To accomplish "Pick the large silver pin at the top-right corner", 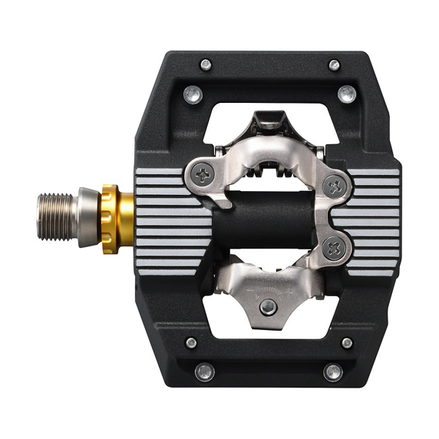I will click(347, 94).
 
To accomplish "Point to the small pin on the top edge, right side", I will click(333, 64).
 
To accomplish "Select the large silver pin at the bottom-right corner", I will click(332, 372).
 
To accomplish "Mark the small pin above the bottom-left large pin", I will click(190, 343).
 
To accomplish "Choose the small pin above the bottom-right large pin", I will click(347, 343).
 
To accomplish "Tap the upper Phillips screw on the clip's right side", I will click(333, 185).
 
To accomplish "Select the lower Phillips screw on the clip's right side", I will click(333, 246).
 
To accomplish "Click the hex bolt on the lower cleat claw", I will click(268, 307).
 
